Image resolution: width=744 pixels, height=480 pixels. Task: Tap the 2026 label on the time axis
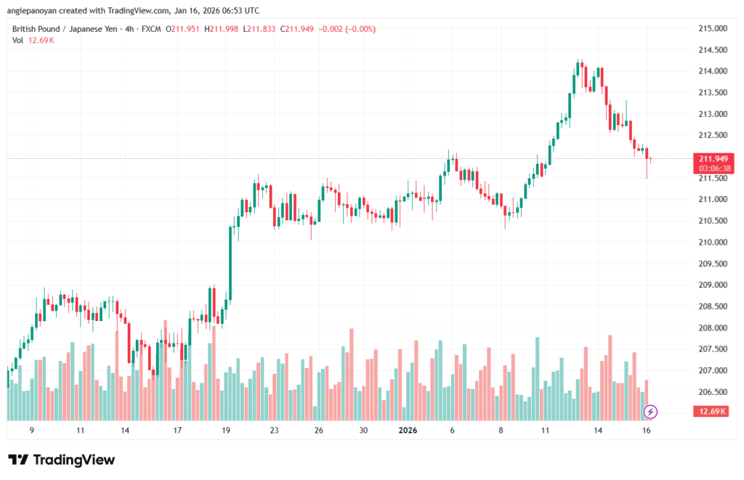click(x=407, y=430)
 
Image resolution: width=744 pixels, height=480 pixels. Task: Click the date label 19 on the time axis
click(x=226, y=430)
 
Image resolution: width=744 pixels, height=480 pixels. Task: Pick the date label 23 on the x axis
click(x=274, y=430)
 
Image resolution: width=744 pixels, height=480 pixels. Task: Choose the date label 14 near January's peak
click(x=598, y=430)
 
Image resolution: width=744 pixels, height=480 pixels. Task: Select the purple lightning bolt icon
click(x=651, y=412)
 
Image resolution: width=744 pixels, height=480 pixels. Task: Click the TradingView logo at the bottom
click(x=61, y=460)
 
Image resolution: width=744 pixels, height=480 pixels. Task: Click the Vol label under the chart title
click(x=18, y=41)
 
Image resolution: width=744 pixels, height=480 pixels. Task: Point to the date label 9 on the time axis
click(x=31, y=430)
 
